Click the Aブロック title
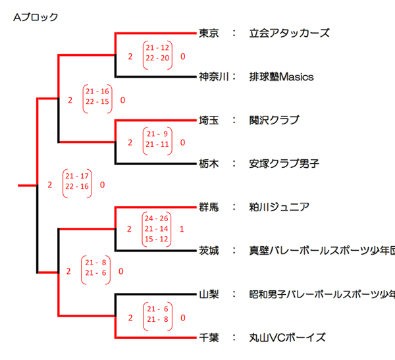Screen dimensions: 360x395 (36, 16)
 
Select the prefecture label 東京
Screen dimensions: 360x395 (209, 33)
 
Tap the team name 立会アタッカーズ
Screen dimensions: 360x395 (289, 33)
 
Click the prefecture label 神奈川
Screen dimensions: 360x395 (214, 76)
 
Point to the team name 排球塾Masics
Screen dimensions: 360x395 (281, 76)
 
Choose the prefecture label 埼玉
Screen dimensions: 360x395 (209, 120)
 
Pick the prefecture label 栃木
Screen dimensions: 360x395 (209, 163)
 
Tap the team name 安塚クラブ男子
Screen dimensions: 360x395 (284, 163)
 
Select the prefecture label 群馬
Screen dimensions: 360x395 (209, 207)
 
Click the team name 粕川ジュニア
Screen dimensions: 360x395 (279, 207)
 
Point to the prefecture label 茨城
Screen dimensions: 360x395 (209, 250)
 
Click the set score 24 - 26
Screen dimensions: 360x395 (158, 218)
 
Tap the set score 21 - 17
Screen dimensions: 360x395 (77, 176)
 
